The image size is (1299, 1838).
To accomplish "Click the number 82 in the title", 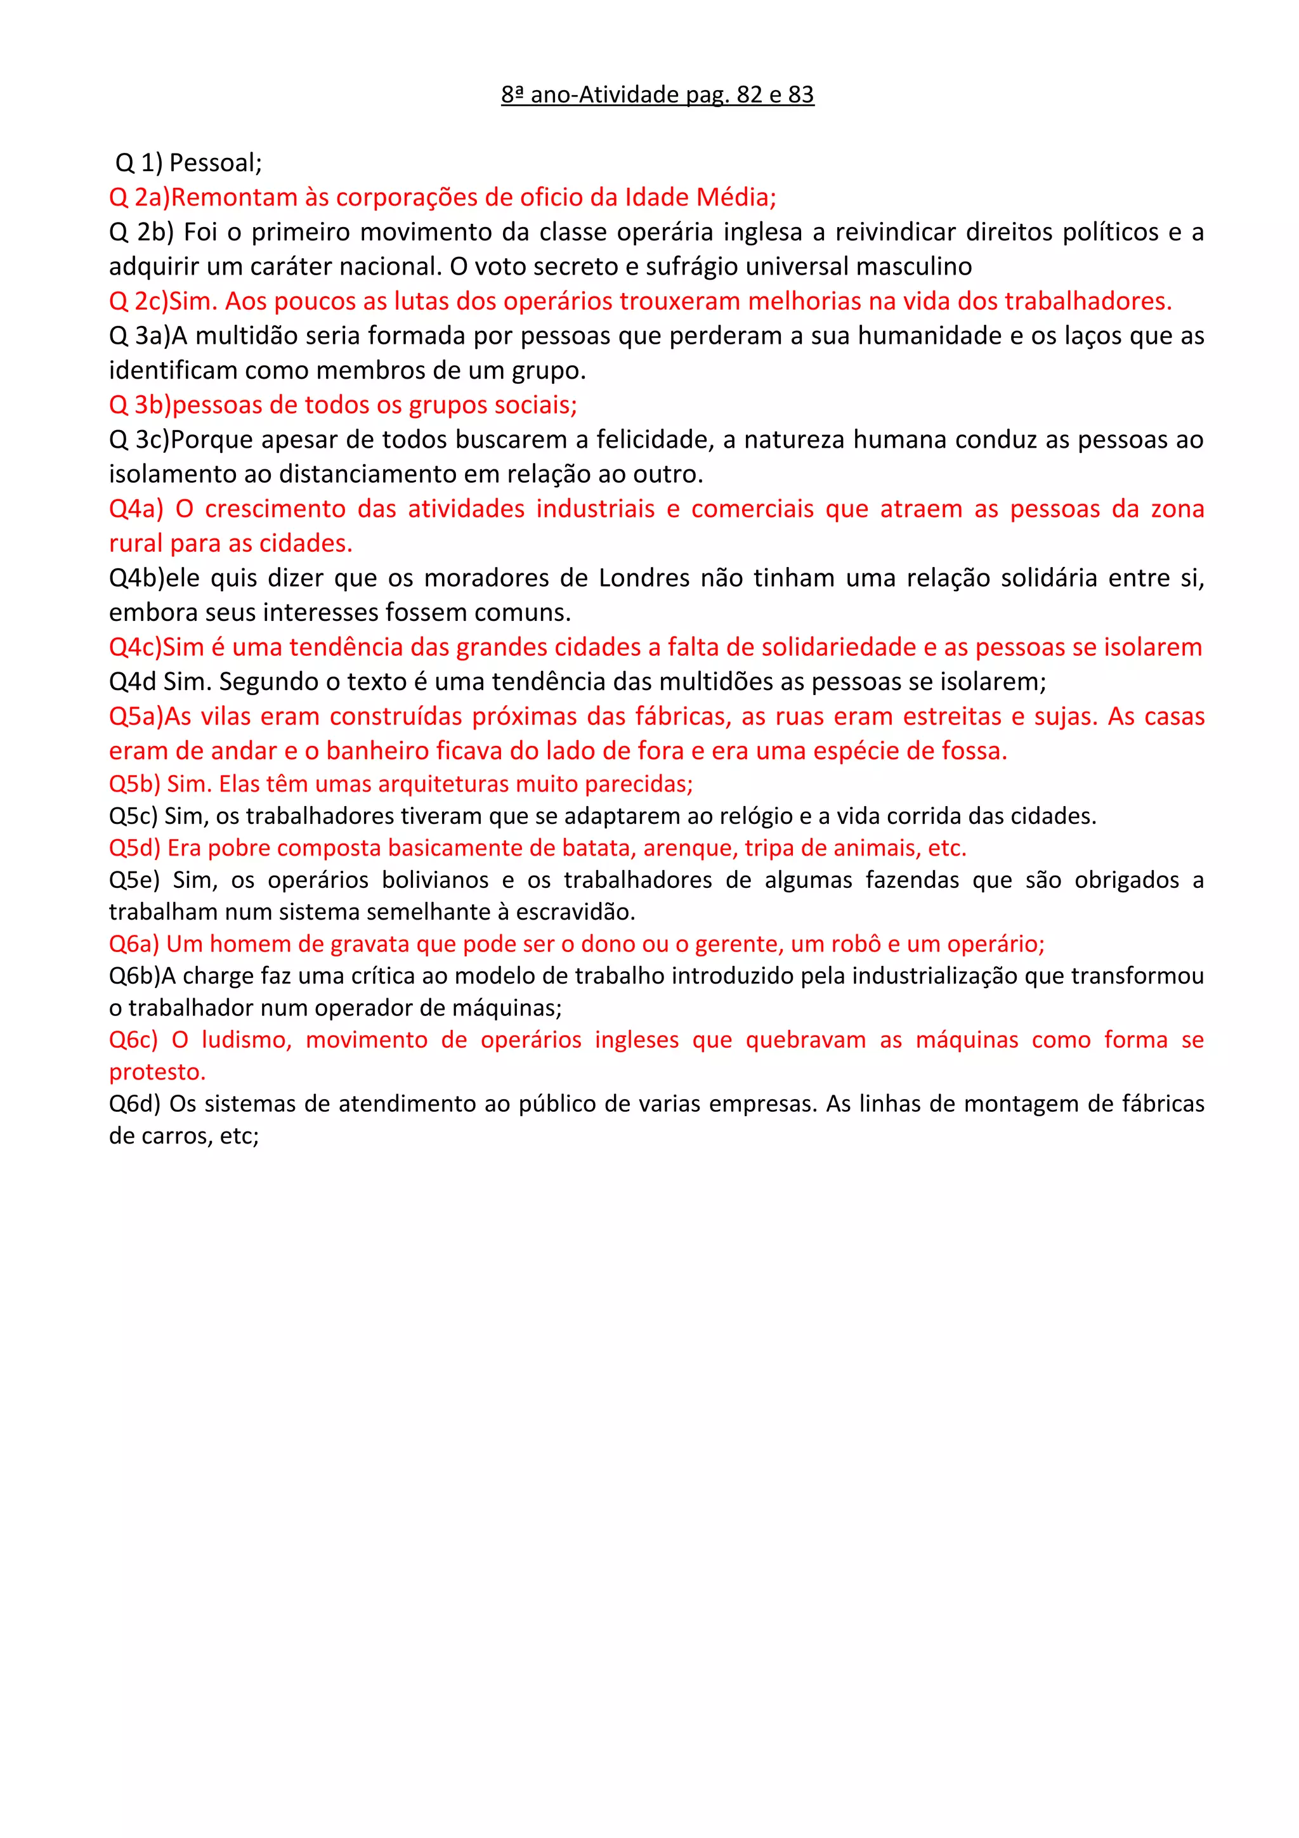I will [x=749, y=95].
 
